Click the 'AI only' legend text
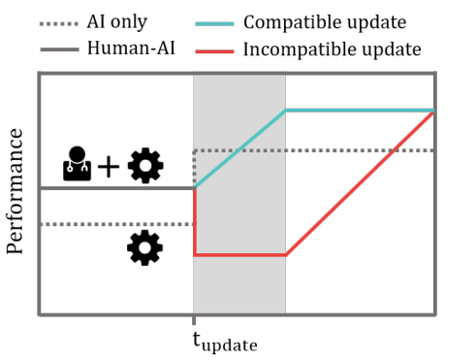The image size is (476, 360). [116, 22]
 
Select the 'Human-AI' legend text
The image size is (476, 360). [131, 49]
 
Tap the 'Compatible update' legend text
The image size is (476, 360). [325, 23]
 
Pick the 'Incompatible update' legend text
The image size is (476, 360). [333, 50]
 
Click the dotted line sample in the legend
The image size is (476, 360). [59, 24]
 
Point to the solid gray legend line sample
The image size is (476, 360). [59, 49]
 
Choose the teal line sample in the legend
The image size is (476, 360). [214, 24]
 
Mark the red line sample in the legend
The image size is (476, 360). [214, 51]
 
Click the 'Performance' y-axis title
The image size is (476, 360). [15, 191]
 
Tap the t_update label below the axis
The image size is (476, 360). [225, 343]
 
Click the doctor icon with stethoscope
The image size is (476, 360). [77, 163]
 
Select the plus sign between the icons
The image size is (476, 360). [109, 167]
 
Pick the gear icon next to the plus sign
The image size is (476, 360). [145, 166]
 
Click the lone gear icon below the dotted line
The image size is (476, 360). [144, 247]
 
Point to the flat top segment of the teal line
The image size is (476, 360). [360, 111]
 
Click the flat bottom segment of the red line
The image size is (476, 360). [239, 255]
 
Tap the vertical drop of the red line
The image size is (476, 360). [195, 222]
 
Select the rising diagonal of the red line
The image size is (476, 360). [360, 183]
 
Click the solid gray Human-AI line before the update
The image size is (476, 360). [117, 188]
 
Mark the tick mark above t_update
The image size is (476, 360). [194, 320]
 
